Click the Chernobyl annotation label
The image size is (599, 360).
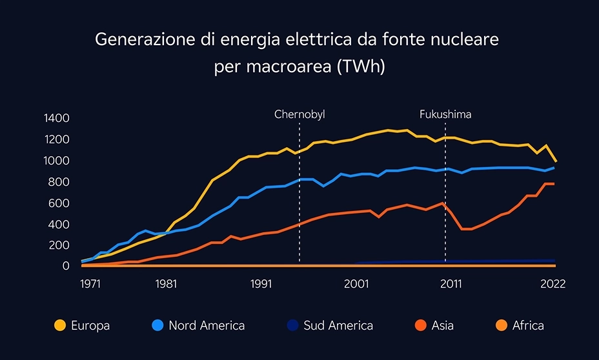pyautogui.click(x=299, y=114)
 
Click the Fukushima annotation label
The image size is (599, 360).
pyautogui.click(x=445, y=114)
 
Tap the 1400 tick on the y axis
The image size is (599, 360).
pyautogui.click(x=56, y=118)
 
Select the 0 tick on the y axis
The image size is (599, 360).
pyautogui.click(x=66, y=266)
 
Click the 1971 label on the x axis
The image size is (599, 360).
pyautogui.click(x=90, y=284)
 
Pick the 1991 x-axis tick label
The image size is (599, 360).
pyautogui.click(x=261, y=284)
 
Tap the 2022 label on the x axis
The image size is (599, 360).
pyautogui.click(x=553, y=284)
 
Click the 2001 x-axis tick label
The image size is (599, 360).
pyautogui.click(x=356, y=284)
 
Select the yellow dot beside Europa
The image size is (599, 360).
pyautogui.click(x=60, y=326)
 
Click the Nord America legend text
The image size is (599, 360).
pyautogui.click(x=207, y=326)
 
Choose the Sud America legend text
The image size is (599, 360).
pyautogui.click(x=338, y=326)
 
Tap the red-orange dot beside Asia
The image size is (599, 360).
pyautogui.click(x=420, y=326)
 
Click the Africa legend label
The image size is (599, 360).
pyautogui.click(x=528, y=326)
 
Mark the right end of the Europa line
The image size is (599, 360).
pyautogui.click(x=556, y=161)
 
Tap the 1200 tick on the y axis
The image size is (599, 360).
pyautogui.click(x=56, y=139)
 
